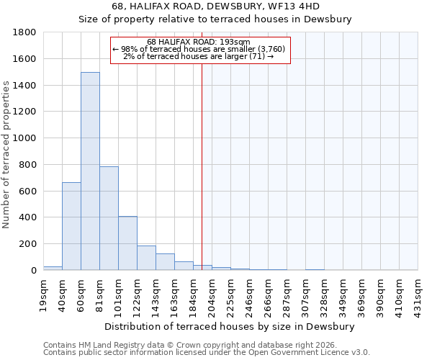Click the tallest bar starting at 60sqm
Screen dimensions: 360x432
click(x=90, y=171)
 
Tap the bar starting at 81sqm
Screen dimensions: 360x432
click(x=109, y=218)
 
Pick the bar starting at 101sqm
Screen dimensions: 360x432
click(x=127, y=243)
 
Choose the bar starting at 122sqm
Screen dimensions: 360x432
click(x=146, y=258)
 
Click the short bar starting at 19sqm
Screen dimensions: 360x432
click(x=53, y=268)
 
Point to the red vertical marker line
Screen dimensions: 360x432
click(x=202, y=166)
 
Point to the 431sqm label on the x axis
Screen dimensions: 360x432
click(x=418, y=294)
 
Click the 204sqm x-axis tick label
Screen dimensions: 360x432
click(x=212, y=294)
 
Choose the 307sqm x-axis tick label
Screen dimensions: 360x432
click(x=305, y=294)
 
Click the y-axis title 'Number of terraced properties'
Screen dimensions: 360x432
click(x=6, y=155)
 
